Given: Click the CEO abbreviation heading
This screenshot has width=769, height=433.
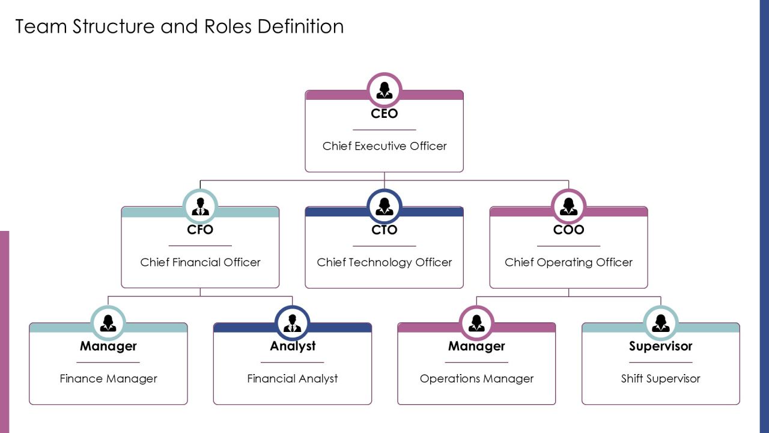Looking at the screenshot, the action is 384,114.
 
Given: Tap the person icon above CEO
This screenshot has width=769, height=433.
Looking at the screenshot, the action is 384,90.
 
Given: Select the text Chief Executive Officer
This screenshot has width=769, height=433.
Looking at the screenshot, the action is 384,146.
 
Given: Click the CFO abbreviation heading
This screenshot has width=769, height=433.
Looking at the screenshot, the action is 200,230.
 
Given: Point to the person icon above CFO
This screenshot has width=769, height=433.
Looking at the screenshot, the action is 200,206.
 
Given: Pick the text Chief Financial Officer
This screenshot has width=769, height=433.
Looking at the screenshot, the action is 200,262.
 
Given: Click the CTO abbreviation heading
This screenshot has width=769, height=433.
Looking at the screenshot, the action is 384,230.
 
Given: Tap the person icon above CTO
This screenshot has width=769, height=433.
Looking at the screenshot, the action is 384,206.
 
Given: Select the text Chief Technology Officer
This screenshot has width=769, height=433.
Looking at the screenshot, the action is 384,263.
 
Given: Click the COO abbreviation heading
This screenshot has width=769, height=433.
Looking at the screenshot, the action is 568,230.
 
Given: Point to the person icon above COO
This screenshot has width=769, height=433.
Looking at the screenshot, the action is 568,206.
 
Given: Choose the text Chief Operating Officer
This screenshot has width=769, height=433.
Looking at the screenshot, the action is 568,263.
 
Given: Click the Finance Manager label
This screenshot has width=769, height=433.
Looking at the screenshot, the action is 109,379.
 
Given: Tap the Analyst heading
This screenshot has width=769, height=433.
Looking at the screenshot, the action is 293,346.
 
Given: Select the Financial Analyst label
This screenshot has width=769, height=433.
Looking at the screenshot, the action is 293,379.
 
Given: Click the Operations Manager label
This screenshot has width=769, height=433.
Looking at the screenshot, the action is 476,379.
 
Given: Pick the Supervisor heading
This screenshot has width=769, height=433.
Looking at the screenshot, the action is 660,346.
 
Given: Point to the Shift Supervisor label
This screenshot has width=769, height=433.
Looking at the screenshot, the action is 660,379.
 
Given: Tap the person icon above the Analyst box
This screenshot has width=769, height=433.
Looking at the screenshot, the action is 292,323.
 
